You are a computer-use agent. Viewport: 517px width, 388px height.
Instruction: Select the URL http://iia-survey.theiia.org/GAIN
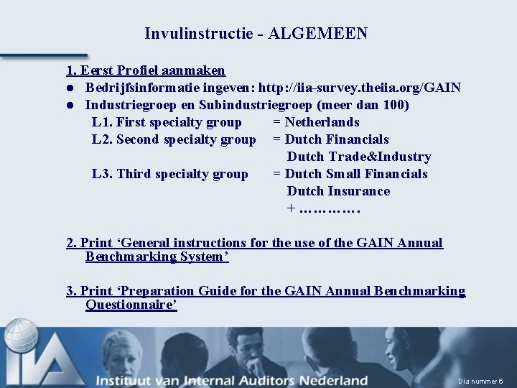tap(360, 88)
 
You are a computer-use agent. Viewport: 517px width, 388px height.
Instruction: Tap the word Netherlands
tap(322, 122)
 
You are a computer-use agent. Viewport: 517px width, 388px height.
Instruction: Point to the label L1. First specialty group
tap(167, 122)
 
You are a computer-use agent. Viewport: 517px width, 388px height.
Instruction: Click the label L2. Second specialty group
tap(174, 139)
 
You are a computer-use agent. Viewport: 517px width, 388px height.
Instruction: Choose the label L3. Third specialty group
tap(170, 174)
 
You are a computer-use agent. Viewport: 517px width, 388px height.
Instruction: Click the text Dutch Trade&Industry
tap(359, 157)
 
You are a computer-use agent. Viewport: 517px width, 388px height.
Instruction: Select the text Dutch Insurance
tap(338, 191)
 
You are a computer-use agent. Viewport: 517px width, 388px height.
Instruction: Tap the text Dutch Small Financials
tap(355, 174)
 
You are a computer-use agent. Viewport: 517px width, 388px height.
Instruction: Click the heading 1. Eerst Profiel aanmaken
tap(146, 70)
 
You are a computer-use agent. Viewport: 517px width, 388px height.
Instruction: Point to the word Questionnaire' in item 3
tap(131, 305)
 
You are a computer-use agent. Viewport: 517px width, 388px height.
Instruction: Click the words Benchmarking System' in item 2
tap(157, 257)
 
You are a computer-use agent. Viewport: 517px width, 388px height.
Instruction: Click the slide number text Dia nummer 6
tap(480, 381)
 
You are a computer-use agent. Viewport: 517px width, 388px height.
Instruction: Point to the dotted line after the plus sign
tap(330, 209)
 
